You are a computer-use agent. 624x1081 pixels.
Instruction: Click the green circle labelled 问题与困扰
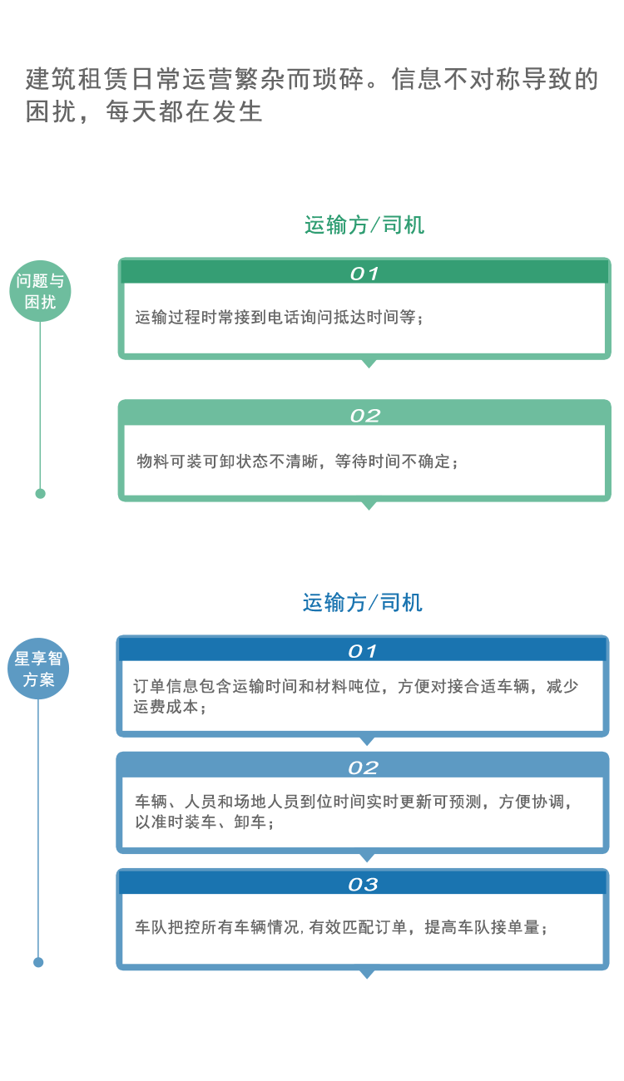40,291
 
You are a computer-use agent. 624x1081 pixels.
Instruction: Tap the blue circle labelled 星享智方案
38,669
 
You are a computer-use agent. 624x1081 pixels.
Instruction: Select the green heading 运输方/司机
364,225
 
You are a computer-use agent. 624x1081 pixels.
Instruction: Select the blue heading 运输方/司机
363,603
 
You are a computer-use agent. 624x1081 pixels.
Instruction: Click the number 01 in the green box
364,274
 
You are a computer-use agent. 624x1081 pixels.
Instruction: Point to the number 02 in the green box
365,416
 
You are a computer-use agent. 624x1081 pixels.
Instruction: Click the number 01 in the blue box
363,651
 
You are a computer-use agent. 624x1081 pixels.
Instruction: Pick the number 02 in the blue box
364,768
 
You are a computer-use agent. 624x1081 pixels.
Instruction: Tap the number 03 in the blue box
364,885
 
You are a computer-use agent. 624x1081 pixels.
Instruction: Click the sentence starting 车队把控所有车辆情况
341,927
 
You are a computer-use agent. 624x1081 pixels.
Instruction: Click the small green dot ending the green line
41,494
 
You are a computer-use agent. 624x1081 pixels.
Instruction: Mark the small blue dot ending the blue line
38,962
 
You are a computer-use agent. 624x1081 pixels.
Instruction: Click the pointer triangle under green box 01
369,363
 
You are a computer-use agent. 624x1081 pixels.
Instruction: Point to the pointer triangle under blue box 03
367,974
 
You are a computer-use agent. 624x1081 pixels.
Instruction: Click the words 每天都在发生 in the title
184,111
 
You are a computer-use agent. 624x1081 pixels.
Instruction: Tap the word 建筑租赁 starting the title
77,79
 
